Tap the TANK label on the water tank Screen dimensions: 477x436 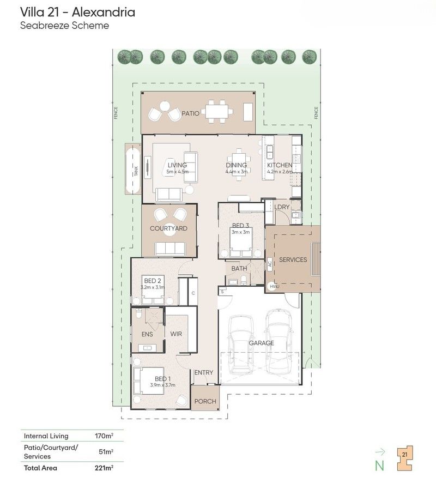click(x=136, y=171)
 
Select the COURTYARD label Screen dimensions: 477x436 click(x=168, y=228)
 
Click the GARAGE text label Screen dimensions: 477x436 click(x=261, y=343)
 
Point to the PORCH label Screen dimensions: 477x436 click(x=205, y=401)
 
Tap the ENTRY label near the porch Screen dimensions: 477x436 click(x=204, y=372)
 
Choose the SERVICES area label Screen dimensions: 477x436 click(x=293, y=259)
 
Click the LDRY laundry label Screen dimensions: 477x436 click(x=282, y=207)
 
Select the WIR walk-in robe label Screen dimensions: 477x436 click(x=176, y=334)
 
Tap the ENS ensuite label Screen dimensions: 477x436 click(x=147, y=334)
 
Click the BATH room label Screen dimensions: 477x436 click(x=239, y=268)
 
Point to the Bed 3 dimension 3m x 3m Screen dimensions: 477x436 click(x=240, y=232)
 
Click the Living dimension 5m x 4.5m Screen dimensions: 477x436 click(x=177, y=171)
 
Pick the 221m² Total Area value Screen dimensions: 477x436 click(x=105, y=467)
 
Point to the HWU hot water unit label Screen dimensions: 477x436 click(x=274, y=286)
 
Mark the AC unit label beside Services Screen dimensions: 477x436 click(x=269, y=263)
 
